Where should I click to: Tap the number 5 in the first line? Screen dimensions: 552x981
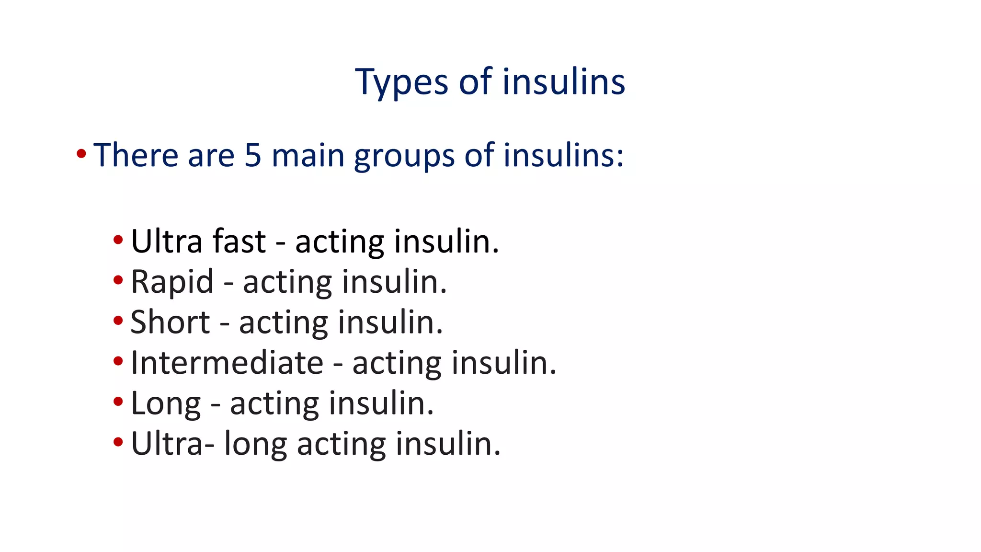252,155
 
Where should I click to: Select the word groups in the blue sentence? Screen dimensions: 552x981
404,156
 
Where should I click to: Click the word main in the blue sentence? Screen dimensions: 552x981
308,155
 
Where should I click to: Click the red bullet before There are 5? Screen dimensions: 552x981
81,154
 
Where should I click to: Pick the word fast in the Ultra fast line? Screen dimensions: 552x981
239,241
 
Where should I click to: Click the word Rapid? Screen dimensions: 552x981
171,282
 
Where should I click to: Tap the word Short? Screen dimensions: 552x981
170,322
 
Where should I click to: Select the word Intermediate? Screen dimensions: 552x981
227,363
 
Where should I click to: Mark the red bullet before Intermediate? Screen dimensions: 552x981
118,361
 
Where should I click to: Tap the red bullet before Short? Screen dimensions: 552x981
118,320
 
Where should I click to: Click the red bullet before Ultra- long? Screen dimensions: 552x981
118,442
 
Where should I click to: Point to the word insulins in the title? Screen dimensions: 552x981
564,81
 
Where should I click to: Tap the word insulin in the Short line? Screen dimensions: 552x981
390,322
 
